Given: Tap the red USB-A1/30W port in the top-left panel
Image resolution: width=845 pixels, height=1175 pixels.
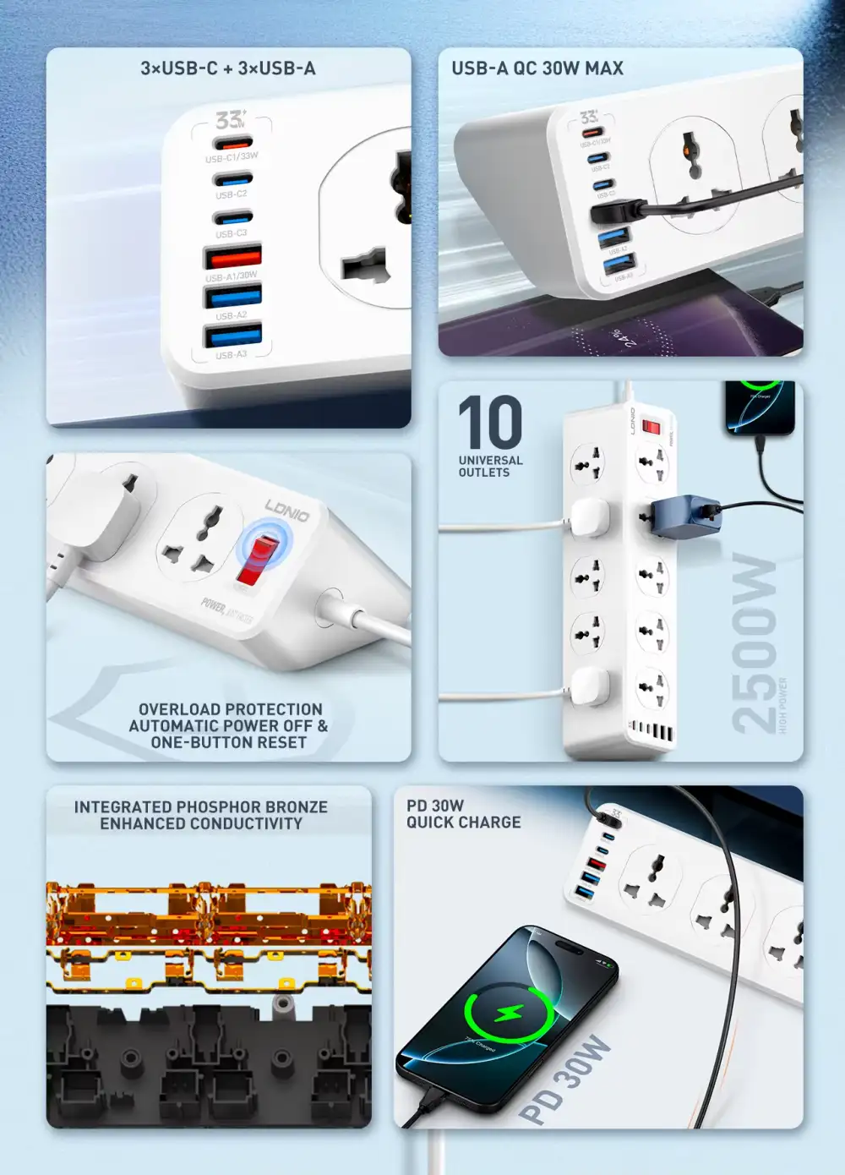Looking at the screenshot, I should pyautogui.click(x=232, y=256).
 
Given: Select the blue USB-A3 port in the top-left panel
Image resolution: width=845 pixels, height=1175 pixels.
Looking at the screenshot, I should pyautogui.click(x=233, y=336).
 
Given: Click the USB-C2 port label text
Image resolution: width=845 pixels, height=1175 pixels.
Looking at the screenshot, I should pyautogui.click(x=231, y=194).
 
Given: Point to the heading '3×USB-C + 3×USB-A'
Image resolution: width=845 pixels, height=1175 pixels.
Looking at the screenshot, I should pyautogui.click(x=228, y=68).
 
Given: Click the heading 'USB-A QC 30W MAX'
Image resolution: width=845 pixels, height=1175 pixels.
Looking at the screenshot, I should pyautogui.click(x=537, y=68).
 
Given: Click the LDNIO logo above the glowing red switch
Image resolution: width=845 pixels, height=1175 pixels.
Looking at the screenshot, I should pyautogui.click(x=287, y=510).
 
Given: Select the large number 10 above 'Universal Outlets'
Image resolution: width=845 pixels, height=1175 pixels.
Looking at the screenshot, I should pyautogui.click(x=490, y=423).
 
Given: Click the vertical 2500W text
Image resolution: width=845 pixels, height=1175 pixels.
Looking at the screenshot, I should pyautogui.click(x=754, y=642).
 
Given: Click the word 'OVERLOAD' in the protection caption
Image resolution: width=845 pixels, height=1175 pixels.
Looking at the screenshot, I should pyautogui.click(x=176, y=709).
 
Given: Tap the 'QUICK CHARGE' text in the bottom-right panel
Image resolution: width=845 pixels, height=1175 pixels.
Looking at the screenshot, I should pyautogui.click(x=464, y=822).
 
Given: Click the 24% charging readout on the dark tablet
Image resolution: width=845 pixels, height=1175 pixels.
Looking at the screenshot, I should pyautogui.click(x=624, y=338).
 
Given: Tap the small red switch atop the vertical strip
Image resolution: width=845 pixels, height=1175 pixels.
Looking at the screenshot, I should pyautogui.click(x=651, y=426).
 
